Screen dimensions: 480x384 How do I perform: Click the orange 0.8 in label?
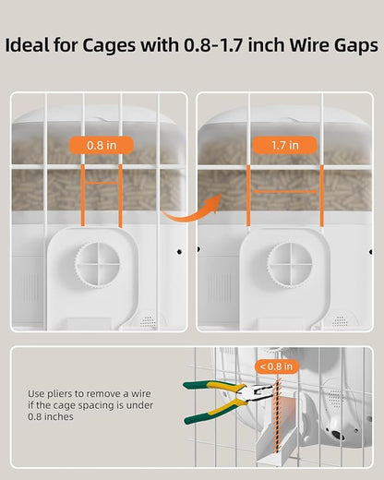pyautogui.click(x=101, y=145)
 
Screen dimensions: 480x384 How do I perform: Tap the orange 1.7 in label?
pyautogui.click(x=287, y=145)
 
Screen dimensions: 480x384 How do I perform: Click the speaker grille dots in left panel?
pyautogui.click(x=148, y=321)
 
